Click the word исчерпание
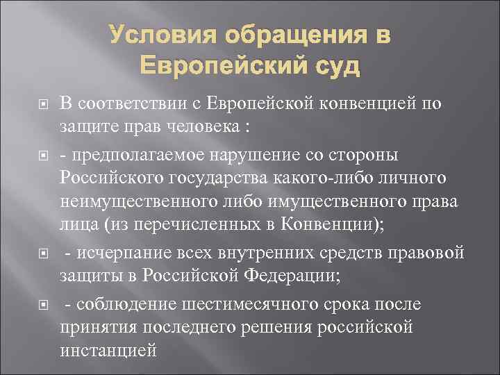pyautogui.click(x=117, y=255)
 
